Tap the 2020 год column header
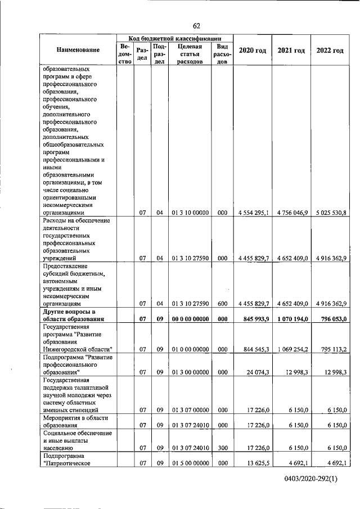coord(252,51)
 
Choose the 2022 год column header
coord(330,51)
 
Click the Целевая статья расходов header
coord(190,55)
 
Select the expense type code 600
coord(222,304)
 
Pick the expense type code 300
coord(222,448)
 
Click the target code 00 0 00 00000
coord(190,319)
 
